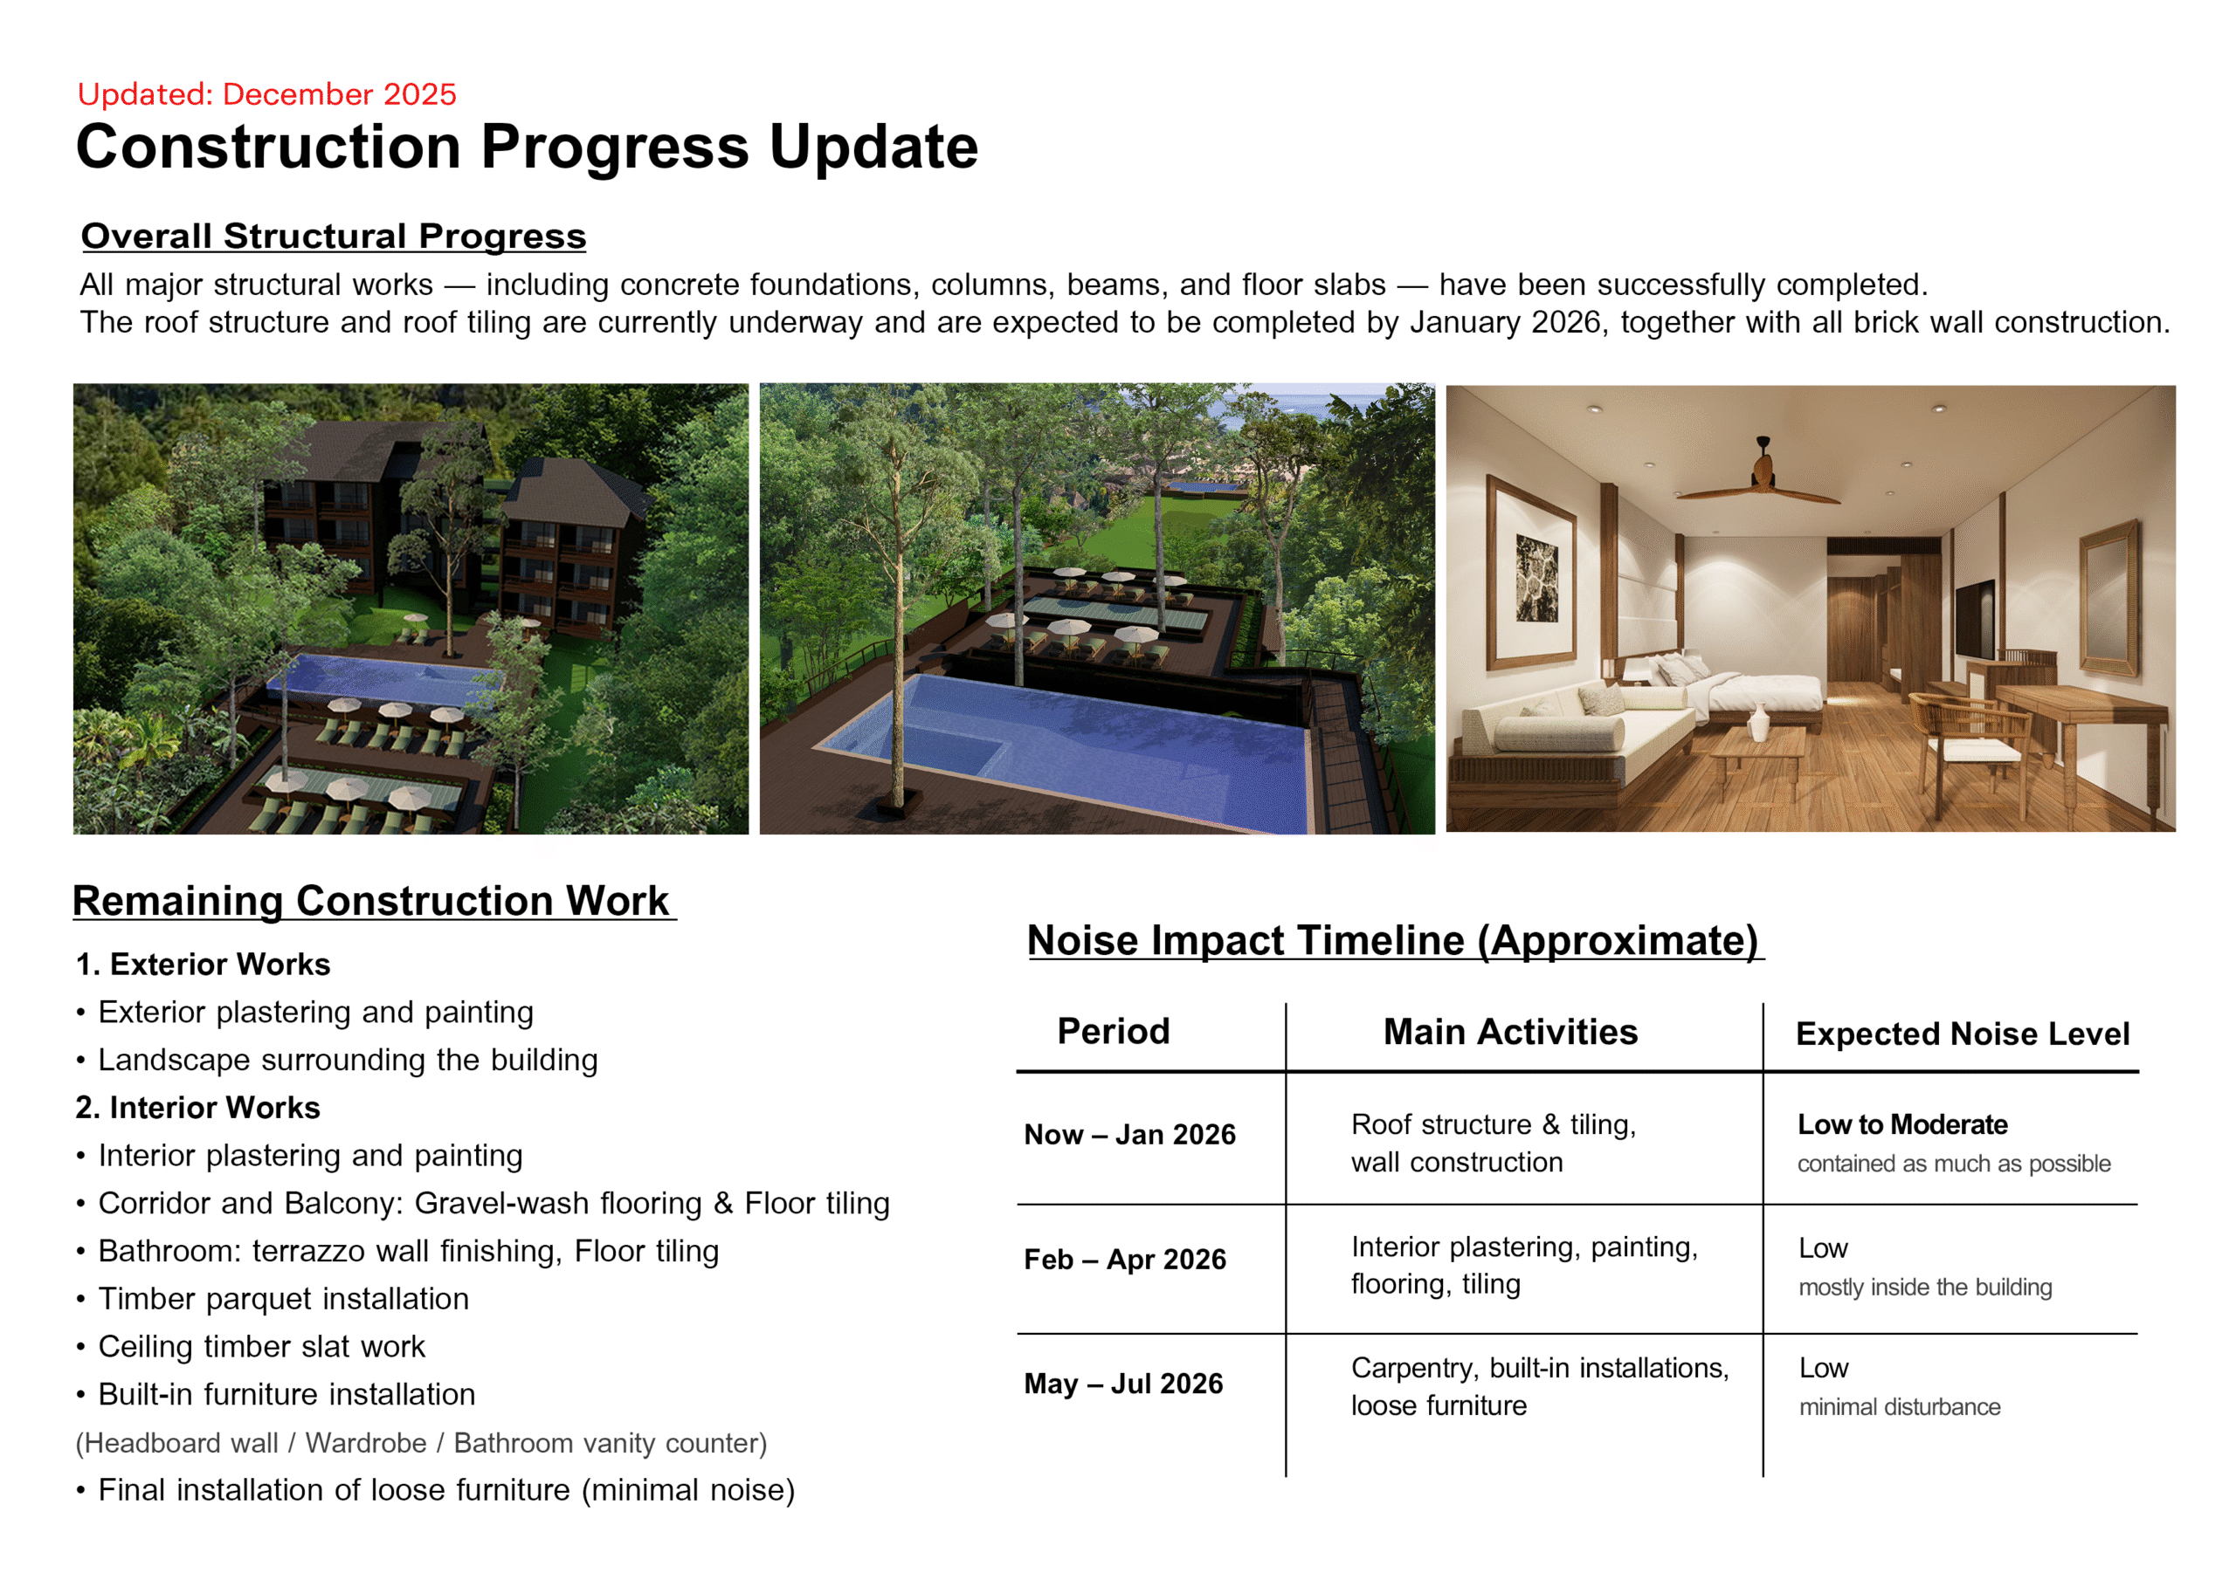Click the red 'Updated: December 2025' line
coord(267,94)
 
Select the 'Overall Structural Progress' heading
coord(333,237)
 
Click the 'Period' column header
coord(1113,1031)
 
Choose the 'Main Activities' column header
coord(1510,1032)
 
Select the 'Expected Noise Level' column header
coord(1963,1034)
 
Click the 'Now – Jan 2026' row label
coord(1129,1134)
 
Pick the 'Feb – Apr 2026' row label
coord(1125,1259)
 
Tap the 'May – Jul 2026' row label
coord(1123,1384)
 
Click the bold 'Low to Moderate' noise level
coord(1902,1124)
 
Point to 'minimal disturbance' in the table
coord(1899,1406)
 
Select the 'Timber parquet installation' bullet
coord(282,1299)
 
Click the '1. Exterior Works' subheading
coord(203,964)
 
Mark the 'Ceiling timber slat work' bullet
coord(261,1346)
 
